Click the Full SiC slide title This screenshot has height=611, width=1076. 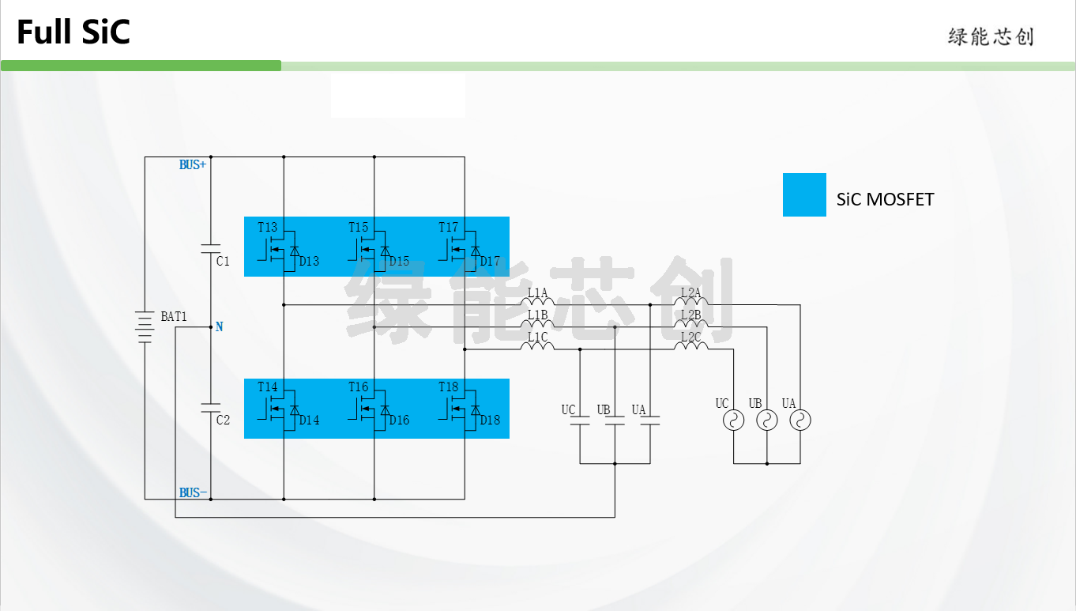(73, 32)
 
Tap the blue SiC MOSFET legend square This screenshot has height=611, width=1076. (804, 194)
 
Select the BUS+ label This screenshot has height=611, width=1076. (193, 165)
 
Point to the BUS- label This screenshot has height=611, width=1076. (193, 492)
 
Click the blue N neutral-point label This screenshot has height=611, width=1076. (219, 327)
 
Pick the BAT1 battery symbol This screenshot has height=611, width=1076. (145, 327)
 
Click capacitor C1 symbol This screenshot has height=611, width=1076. (210, 248)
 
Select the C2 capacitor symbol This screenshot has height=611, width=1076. (210, 408)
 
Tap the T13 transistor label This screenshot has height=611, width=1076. (267, 227)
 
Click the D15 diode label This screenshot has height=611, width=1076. (399, 261)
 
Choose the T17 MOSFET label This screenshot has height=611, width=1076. (448, 227)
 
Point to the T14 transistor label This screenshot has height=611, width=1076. (267, 387)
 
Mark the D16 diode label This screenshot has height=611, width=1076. (399, 421)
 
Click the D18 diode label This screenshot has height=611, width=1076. (490, 421)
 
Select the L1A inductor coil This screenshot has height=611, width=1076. (537, 301)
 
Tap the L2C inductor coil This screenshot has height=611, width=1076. (690, 345)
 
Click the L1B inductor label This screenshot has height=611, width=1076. (537, 315)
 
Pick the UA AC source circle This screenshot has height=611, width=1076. (800, 421)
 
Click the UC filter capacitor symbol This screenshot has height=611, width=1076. (580, 421)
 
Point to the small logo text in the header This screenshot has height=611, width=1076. (991, 37)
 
